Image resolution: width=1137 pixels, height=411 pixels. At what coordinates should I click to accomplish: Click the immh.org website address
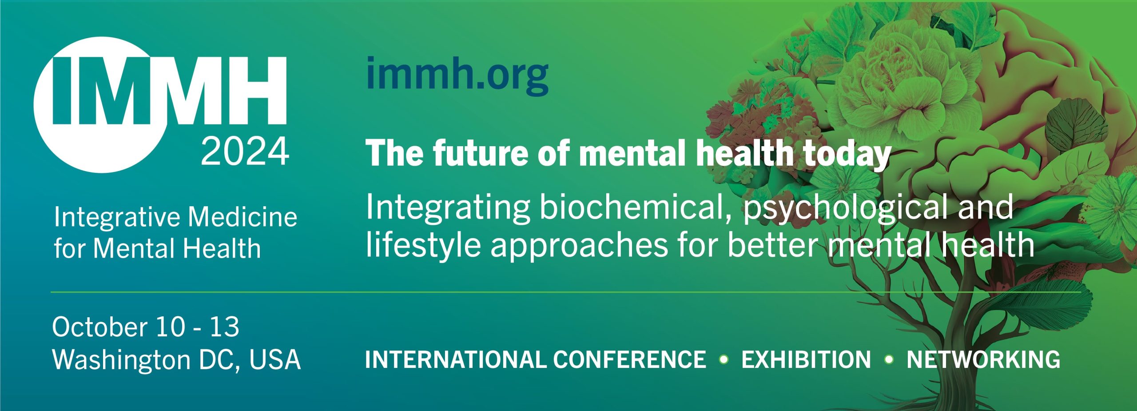[457, 76]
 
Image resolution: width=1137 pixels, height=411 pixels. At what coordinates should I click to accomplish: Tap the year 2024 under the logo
[245, 152]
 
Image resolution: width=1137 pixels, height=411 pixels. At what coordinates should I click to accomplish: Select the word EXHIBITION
[806, 359]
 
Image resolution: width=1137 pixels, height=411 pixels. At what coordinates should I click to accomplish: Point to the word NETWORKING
[983, 359]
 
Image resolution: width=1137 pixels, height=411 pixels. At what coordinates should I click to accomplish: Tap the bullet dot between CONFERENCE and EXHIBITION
[724, 359]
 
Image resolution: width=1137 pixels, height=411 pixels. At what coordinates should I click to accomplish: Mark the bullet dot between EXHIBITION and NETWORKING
[889, 359]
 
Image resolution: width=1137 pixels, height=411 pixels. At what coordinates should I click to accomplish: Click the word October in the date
[100, 327]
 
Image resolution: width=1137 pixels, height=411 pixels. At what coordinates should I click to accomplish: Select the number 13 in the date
[224, 327]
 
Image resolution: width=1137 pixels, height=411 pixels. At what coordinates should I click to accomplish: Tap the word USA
[275, 360]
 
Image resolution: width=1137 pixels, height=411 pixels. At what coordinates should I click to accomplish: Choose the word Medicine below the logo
[243, 217]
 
